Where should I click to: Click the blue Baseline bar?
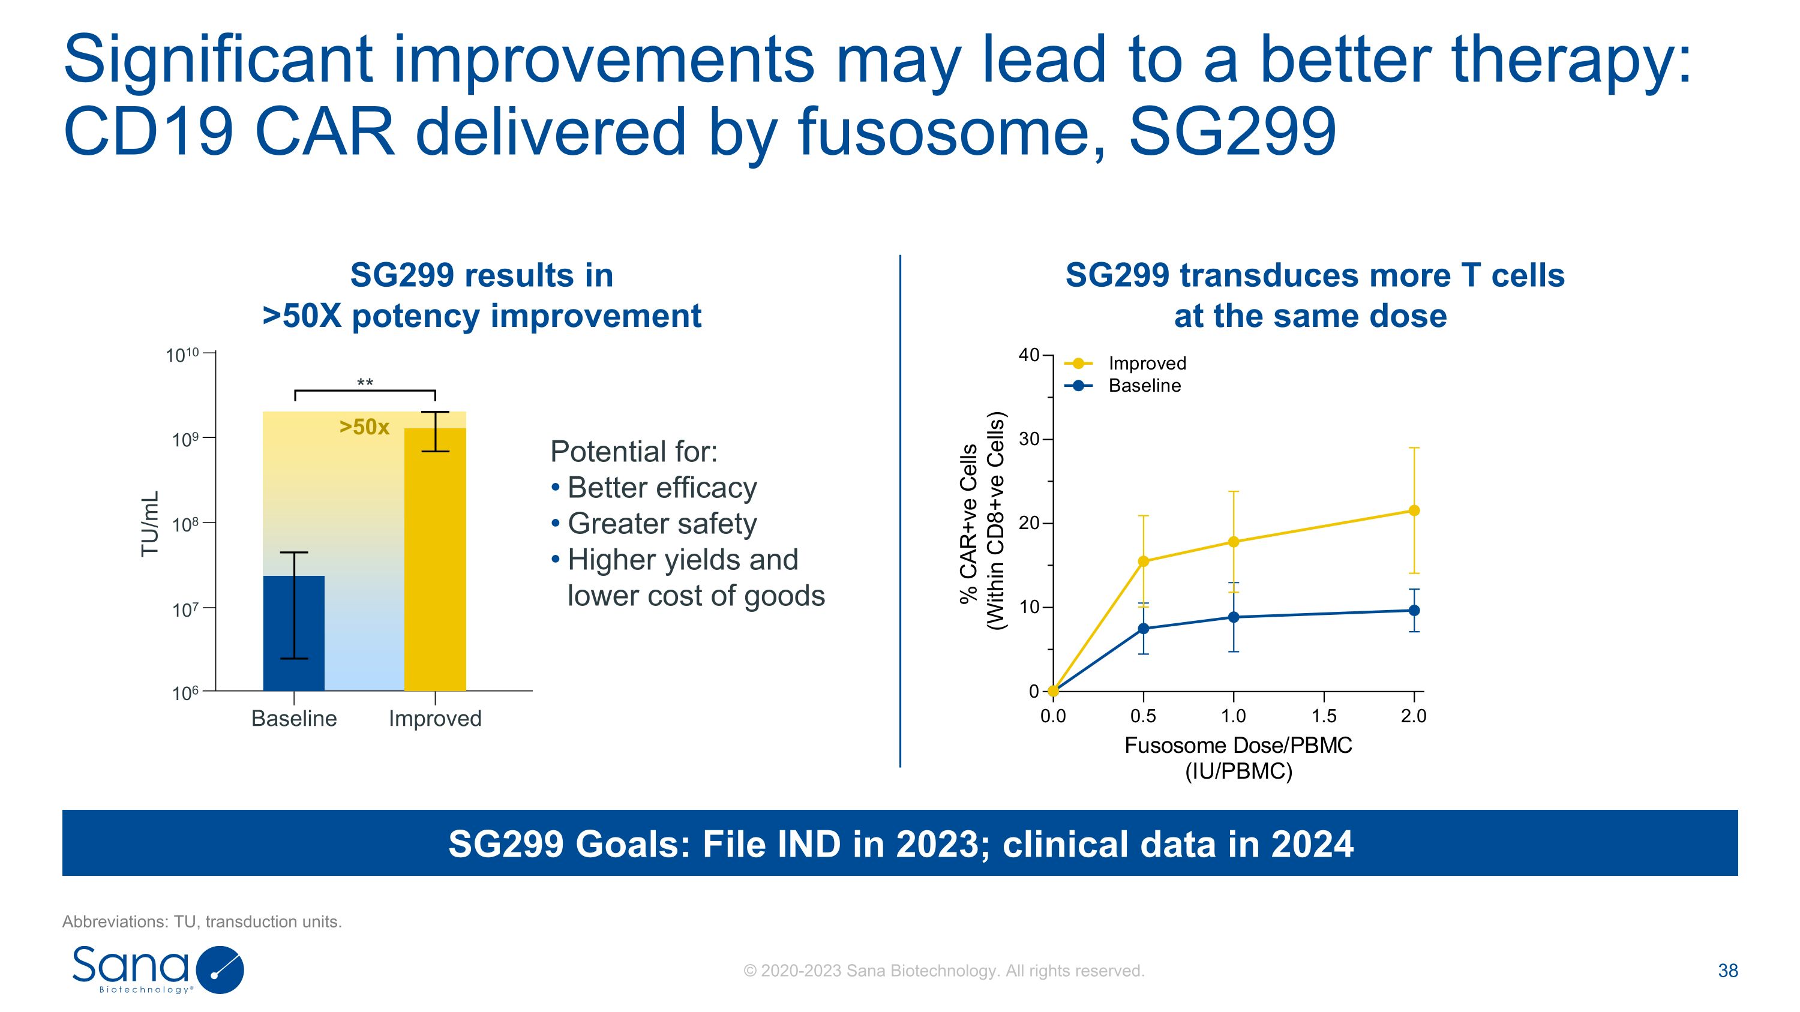click(293, 633)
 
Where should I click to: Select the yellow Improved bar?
click(434, 558)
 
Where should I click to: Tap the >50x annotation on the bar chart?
click(364, 427)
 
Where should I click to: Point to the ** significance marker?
click(365, 383)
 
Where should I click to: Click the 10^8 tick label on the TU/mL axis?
click(185, 524)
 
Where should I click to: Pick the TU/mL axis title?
click(150, 524)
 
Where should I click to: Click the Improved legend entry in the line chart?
click(1147, 363)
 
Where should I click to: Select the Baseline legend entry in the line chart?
click(1144, 386)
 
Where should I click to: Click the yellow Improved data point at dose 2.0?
click(1414, 510)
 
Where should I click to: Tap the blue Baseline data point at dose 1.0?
click(1234, 617)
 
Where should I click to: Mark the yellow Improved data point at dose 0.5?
click(1143, 561)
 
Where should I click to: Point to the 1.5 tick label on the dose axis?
click(1324, 716)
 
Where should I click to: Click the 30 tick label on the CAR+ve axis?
click(1028, 439)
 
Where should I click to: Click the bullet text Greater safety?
click(662, 524)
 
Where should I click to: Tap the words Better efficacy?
click(662, 488)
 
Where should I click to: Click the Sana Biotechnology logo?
click(158, 969)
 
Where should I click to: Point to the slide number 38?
click(1727, 971)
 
